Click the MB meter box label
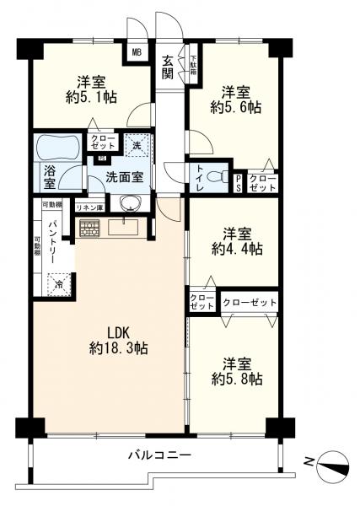click(x=137, y=52)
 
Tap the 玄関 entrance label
click(x=168, y=67)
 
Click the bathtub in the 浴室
click(x=58, y=147)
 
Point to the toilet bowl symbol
click(x=218, y=177)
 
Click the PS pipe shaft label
click(x=238, y=184)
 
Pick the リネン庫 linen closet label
click(x=89, y=208)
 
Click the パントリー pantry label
click(x=54, y=241)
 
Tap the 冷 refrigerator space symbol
click(x=59, y=284)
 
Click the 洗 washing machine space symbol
click(x=137, y=146)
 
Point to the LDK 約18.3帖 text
click(x=119, y=341)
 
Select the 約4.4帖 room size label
click(x=237, y=249)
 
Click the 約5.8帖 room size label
click(x=237, y=379)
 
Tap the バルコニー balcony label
click(x=160, y=455)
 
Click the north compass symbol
click(x=333, y=466)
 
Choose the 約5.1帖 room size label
click(x=91, y=97)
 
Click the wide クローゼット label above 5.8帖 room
click(x=250, y=303)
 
